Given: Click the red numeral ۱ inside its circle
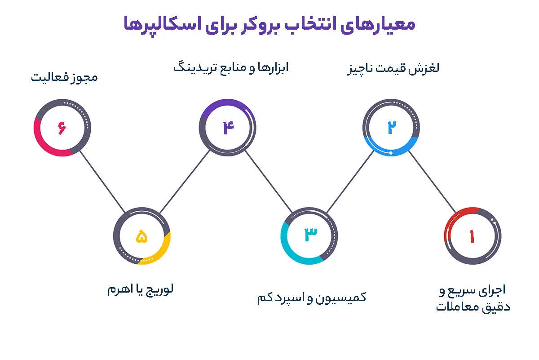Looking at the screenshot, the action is coord(472,236).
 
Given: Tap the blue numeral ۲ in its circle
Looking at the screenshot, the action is coord(392,127).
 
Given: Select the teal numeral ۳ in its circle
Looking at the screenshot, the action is coord(311,234).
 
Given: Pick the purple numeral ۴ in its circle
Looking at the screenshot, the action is coord(228,128).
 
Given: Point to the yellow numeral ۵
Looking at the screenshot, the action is coord(142,236).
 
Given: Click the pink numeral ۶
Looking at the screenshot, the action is coord(62,128).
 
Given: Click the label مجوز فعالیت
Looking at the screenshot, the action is coord(64,77).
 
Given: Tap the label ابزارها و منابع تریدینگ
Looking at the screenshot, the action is coord(231,68).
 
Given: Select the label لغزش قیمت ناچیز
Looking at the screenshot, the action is coord(393,68).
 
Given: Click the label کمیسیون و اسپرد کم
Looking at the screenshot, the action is coord(312,298).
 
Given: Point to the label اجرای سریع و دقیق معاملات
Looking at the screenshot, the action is coord(473,298).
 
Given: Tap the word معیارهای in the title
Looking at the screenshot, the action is coord(378,25).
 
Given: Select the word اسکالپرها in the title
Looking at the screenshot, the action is coord(163,26).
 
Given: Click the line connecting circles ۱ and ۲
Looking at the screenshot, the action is coord(432,182).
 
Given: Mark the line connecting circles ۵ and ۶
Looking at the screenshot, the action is coord(102,182).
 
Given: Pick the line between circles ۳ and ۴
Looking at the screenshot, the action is coord(269,182).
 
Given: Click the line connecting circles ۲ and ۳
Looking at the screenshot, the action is coord(350,182).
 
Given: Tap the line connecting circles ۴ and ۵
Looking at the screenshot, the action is coord(185,182).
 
